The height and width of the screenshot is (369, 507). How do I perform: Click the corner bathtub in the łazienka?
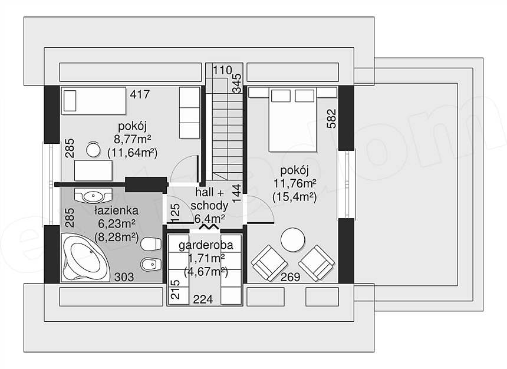pos(85,258)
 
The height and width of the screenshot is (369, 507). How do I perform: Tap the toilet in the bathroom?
pos(152,243)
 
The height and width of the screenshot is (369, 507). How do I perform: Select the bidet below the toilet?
pos(152,265)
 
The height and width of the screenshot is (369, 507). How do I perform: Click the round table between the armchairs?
pos(292,240)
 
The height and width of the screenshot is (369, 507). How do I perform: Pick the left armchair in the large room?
pos(269,262)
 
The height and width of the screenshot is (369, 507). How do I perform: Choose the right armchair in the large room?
pos(316,262)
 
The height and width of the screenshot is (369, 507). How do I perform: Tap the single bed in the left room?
pos(94,101)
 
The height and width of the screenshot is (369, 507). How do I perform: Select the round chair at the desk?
pos(94,150)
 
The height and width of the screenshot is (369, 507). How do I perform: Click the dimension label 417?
pos(140,94)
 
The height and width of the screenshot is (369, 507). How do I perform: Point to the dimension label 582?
pos(332,119)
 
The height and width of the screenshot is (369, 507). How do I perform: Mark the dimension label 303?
pos(124,277)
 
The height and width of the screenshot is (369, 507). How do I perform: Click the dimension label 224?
pos(203,300)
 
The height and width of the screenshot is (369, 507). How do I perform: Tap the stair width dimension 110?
pos(222,70)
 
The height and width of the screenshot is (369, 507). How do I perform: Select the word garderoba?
pos(206,245)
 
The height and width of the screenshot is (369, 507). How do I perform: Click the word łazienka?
pos(116,210)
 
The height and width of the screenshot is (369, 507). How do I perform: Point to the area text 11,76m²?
pos(295,184)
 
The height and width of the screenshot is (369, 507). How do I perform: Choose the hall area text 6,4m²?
pos(209,219)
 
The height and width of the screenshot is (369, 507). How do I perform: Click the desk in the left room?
pos(94,170)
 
